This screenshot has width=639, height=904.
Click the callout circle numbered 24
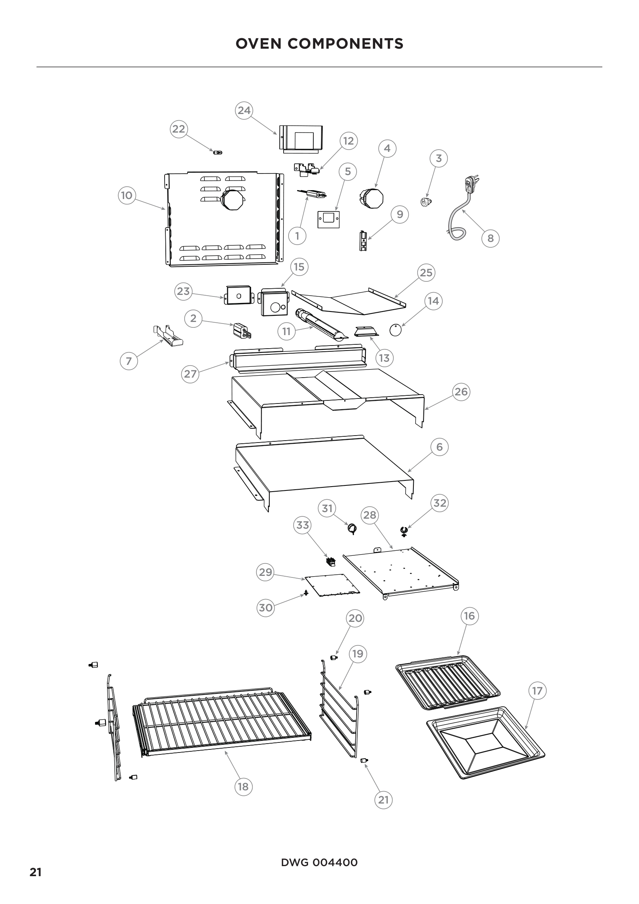(x=244, y=110)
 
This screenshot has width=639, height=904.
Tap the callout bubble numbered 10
(x=127, y=195)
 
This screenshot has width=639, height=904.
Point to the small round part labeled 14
(x=396, y=330)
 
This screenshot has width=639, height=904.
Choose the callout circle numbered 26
(x=461, y=392)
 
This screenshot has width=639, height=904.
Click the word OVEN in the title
(x=258, y=44)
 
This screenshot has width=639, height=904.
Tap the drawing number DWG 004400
(x=319, y=863)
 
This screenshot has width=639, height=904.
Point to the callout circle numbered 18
(x=243, y=787)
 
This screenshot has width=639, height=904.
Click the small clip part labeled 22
(x=218, y=152)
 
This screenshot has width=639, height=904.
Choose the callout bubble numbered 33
(x=303, y=525)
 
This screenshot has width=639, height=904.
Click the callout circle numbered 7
(x=129, y=361)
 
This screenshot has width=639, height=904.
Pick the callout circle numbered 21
(x=383, y=800)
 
